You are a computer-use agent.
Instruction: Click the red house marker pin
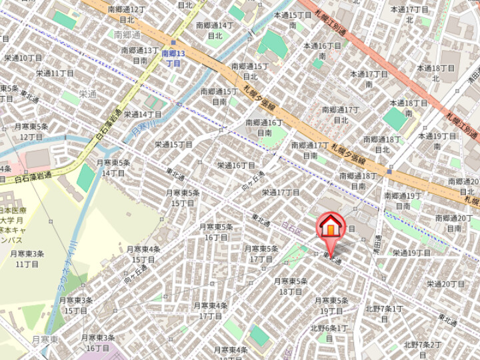pyautogui.click(x=329, y=227)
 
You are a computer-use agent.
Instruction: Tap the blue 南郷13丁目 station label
pyautogui.click(x=173, y=58)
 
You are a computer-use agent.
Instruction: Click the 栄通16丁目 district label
pyautogui.click(x=236, y=165)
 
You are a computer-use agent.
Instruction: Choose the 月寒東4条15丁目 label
pyautogui.click(x=144, y=254)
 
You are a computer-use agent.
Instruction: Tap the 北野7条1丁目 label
pyautogui.click(x=383, y=313)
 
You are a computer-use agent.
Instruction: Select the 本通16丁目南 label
pyautogui.click(x=322, y=51)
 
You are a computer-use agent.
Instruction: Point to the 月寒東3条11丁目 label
pyautogui.click(x=27, y=259)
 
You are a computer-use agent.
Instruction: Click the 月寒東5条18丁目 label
pyautogui.click(x=291, y=286)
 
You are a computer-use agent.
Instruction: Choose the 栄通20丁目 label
pyautogui.click(x=446, y=284)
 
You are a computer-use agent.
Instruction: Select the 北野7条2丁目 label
pyautogui.click(x=423, y=349)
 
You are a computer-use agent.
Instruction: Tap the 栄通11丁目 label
pyautogui.click(x=55, y=73)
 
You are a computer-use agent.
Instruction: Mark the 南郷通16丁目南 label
pyautogui.click(x=264, y=127)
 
